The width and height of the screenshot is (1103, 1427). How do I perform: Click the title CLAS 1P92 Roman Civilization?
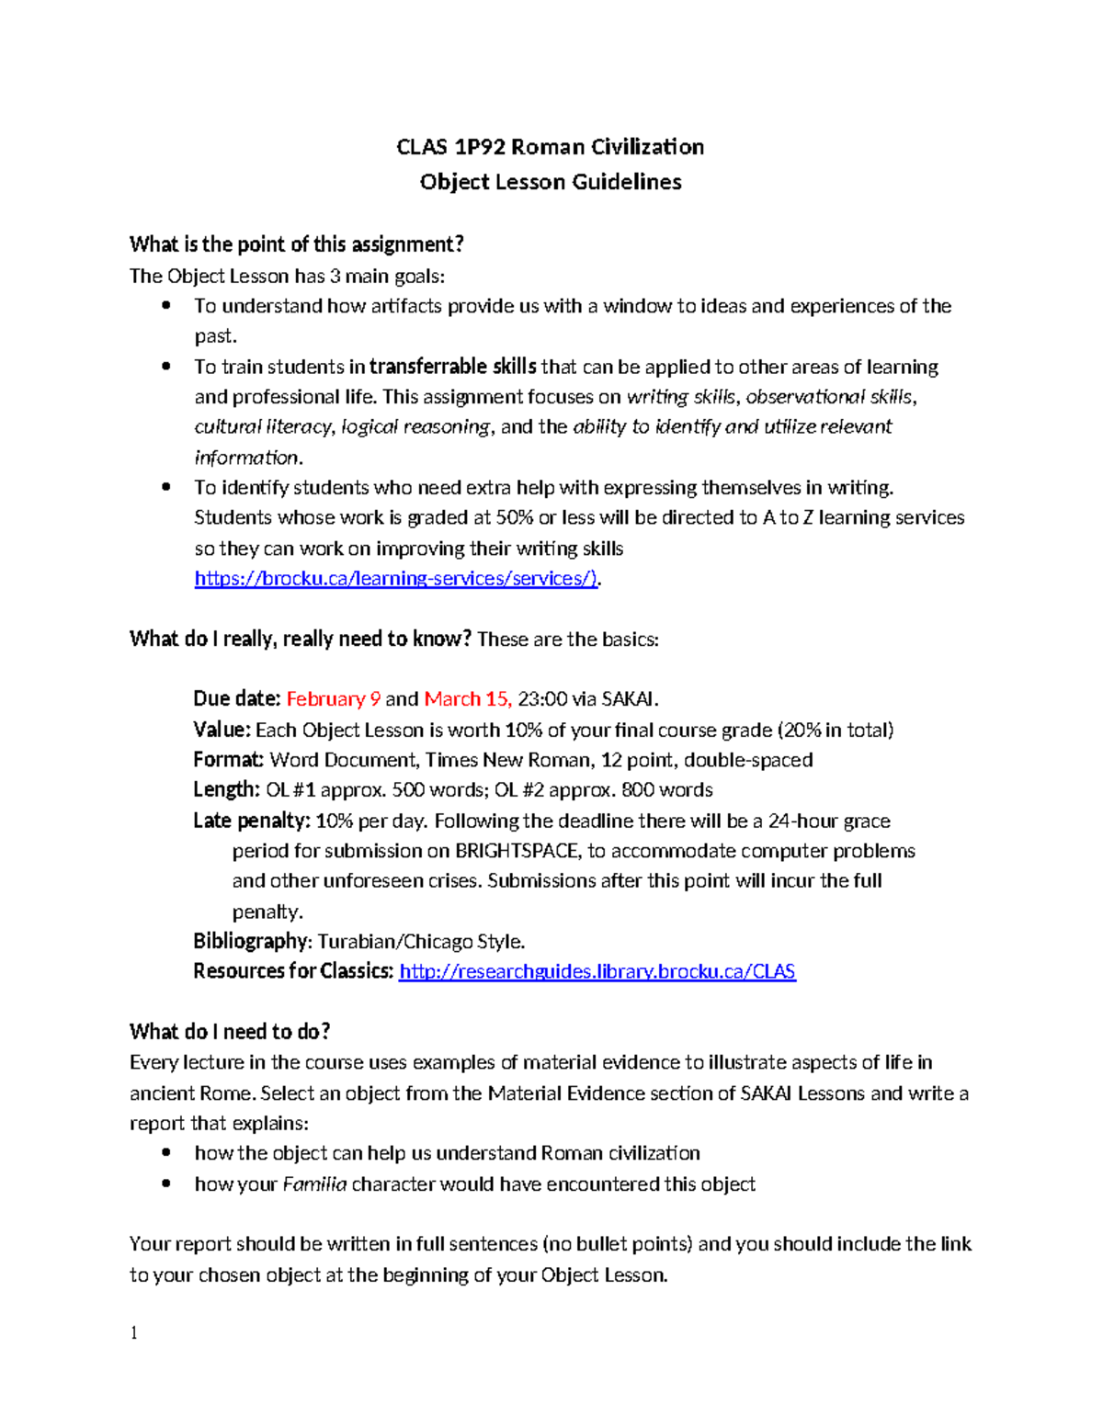tap(550, 147)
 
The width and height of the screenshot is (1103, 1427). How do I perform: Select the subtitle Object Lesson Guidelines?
tap(550, 182)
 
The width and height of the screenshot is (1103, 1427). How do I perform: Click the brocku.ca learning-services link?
tap(396, 579)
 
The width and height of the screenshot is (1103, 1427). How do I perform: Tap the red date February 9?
tap(333, 699)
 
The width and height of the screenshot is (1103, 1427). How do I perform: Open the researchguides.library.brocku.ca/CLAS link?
tap(597, 972)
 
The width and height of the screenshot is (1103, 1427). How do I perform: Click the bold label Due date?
tap(236, 699)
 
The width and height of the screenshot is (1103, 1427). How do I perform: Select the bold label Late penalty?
tap(251, 821)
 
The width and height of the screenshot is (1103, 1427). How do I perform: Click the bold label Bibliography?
tap(251, 942)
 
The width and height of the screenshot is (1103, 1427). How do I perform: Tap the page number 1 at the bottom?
tap(134, 1333)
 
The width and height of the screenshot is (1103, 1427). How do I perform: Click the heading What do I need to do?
tap(230, 1032)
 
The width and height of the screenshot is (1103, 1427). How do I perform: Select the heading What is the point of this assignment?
tap(296, 244)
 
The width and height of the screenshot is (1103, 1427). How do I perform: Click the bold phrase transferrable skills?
tap(452, 367)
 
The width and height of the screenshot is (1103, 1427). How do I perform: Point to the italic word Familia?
tap(314, 1184)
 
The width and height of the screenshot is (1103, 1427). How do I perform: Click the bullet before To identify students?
tap(166, 488)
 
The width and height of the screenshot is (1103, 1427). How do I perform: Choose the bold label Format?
tap(228, 760)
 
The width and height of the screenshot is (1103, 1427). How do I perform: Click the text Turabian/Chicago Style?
tap(421, 942)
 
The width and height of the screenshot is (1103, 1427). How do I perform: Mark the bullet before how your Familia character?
tap(166, 1184)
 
